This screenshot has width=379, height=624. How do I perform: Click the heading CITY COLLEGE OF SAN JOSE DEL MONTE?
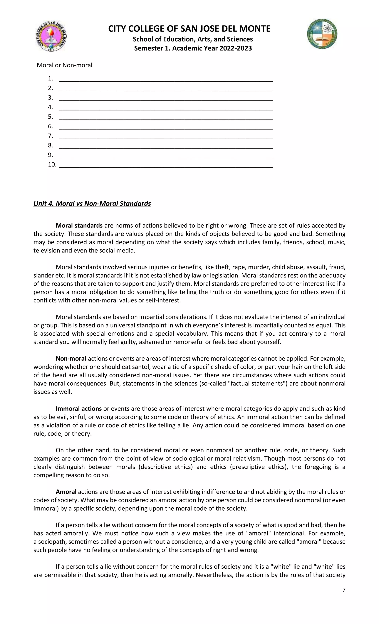coord(189,29)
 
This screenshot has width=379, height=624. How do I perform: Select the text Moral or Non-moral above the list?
coord(64,65)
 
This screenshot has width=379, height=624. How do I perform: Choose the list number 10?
coord(52,165)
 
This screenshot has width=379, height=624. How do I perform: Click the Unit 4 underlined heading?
coord(92,204)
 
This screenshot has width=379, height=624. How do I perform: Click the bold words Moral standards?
coord(79,225)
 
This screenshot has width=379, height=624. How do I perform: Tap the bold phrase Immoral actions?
coord(78,408)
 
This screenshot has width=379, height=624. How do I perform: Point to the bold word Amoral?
coord(66,492)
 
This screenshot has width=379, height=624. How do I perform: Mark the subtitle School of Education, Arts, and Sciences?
coord(192,39)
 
